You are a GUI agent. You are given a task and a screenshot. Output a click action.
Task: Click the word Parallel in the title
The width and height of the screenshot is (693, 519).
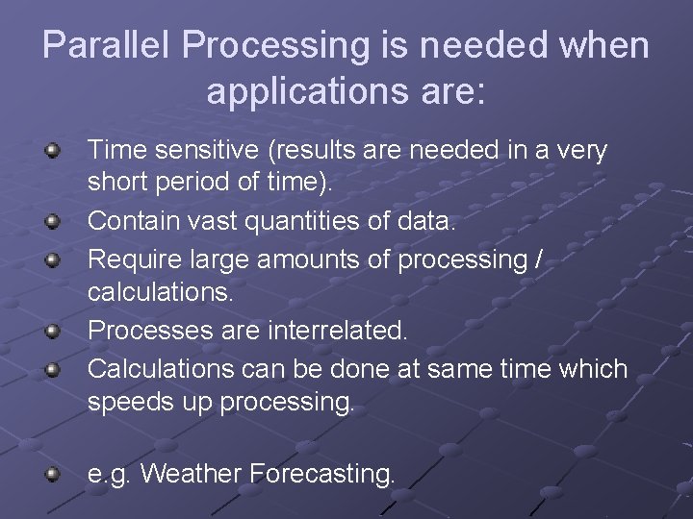[106, 45]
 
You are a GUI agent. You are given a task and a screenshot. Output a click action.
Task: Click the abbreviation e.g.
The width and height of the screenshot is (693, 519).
[109, 474]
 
